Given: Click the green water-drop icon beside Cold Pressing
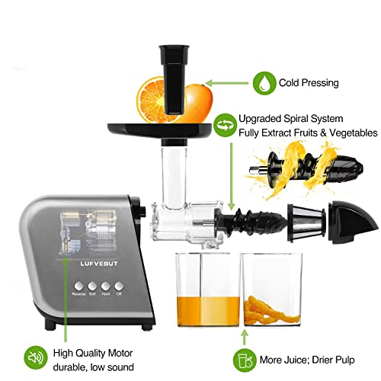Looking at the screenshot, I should click(x=264, y=82).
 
